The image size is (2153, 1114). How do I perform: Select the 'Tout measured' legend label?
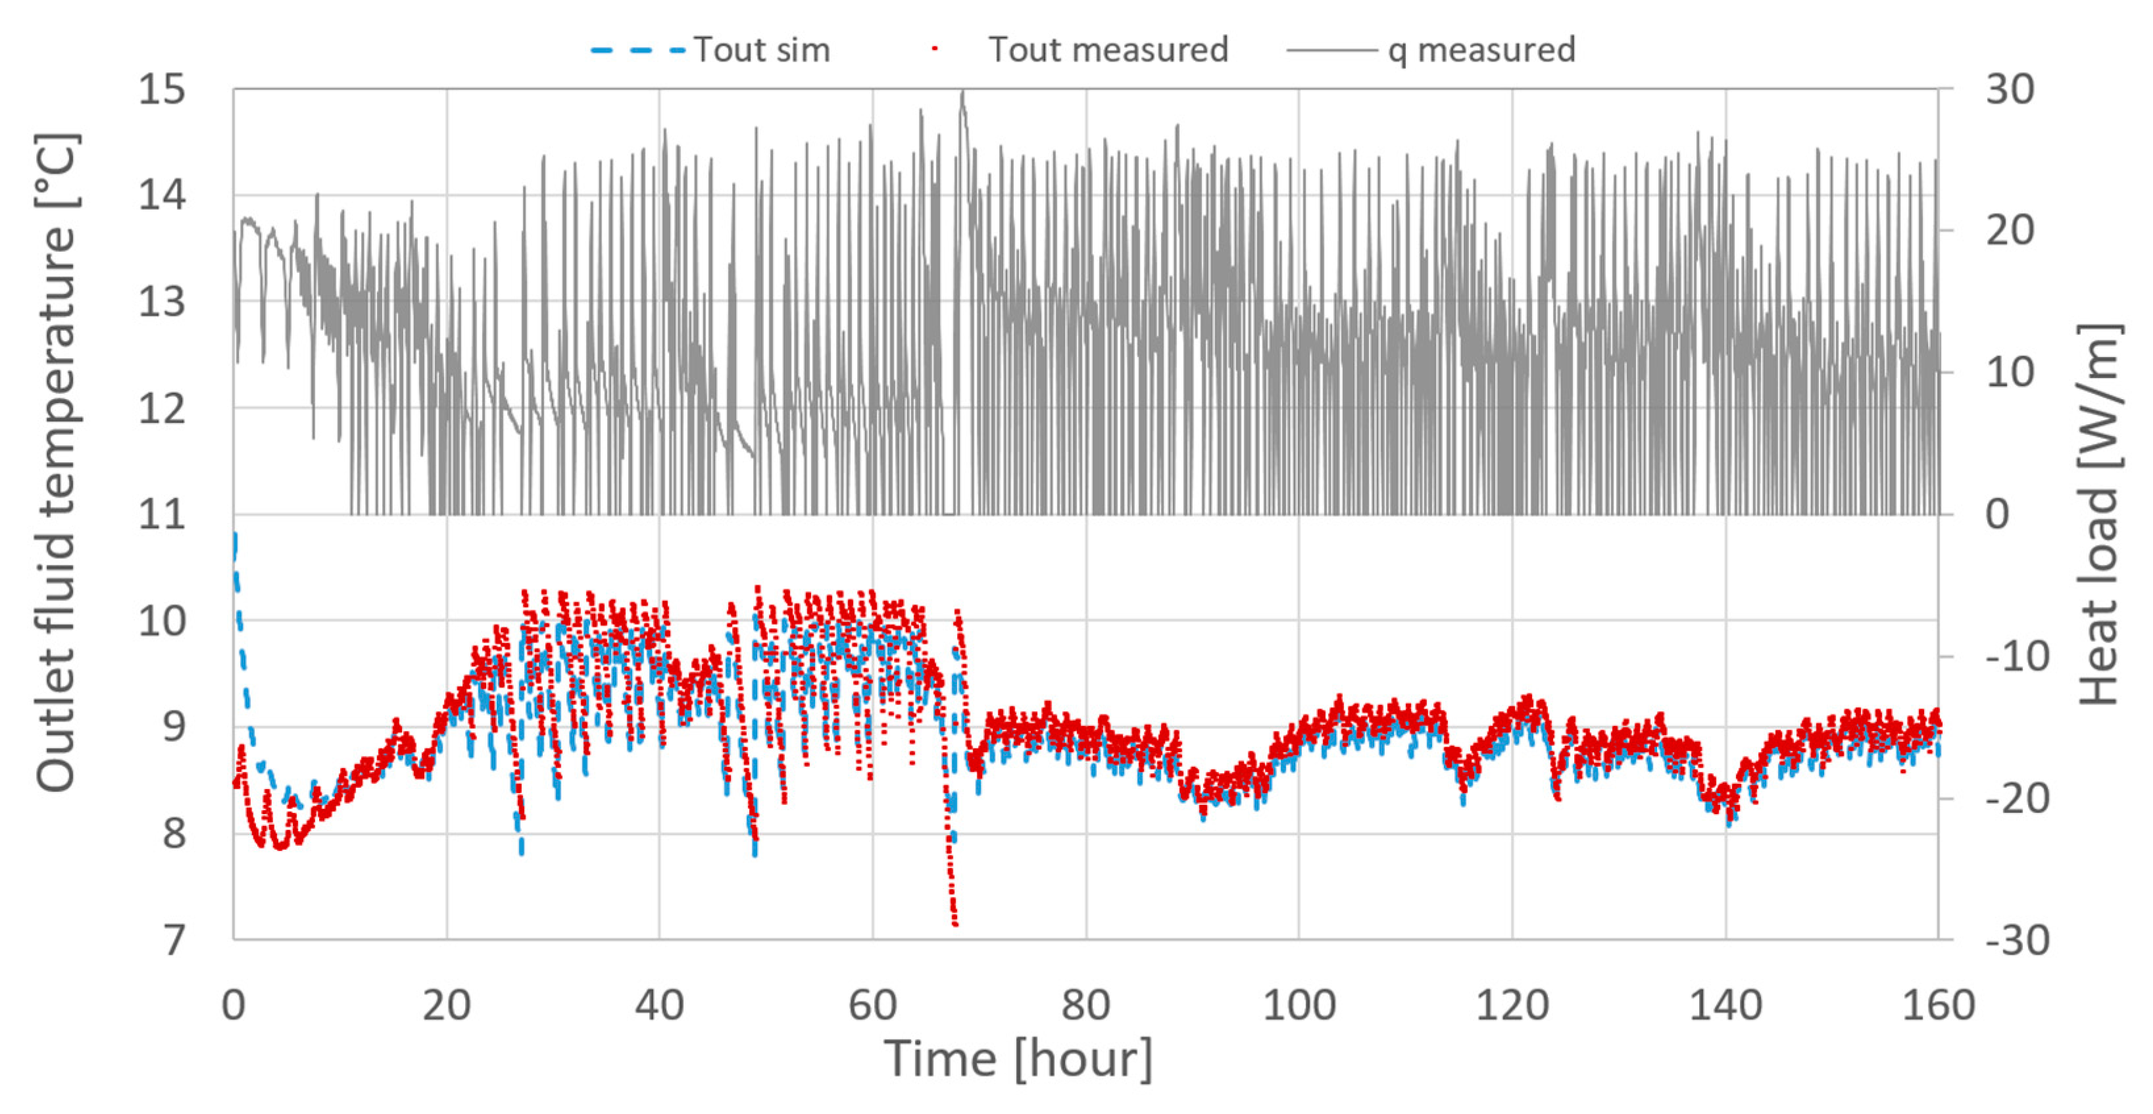(1108, 50)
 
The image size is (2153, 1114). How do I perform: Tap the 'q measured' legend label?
(1481, 50)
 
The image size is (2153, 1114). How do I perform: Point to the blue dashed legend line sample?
(637, 50)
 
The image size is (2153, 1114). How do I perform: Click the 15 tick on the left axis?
(162, 89)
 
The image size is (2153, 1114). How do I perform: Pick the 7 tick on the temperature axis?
(173, 941)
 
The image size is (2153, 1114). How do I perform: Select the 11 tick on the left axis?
(162, 515)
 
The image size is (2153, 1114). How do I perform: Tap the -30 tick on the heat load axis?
(2017, 941)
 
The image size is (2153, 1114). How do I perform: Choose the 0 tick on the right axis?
(1998, 515)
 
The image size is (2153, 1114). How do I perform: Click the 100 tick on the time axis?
(1299, 1005)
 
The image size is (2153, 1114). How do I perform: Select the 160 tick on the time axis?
(1938, 1005)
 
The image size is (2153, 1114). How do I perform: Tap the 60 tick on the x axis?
(872, 1005)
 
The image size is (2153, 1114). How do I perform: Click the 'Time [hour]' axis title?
(1018, 1059)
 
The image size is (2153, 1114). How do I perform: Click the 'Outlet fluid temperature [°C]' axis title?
(57, 462)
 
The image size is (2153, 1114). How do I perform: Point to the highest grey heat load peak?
(963, 93)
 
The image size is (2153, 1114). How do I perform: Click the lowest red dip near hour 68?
(955, 923)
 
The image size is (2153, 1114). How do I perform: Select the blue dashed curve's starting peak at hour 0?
(235, 535)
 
